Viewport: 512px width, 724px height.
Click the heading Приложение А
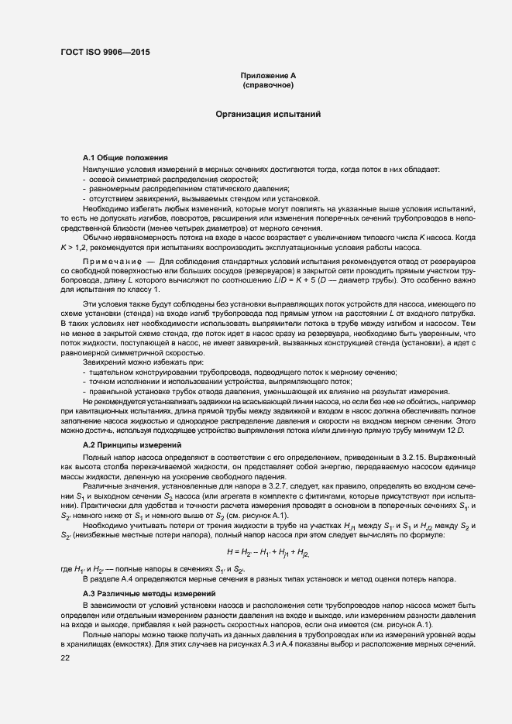click(x=268, y=75)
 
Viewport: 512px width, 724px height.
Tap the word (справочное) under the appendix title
click(x=268, y=84)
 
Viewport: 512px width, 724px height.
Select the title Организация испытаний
click(x=268, y=114)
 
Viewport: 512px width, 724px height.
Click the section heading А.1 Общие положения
click(x=125, y=158)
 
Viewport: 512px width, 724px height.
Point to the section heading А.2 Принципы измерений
click(x=132, y=446)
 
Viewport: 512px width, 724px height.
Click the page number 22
click(x=65, y=657)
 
